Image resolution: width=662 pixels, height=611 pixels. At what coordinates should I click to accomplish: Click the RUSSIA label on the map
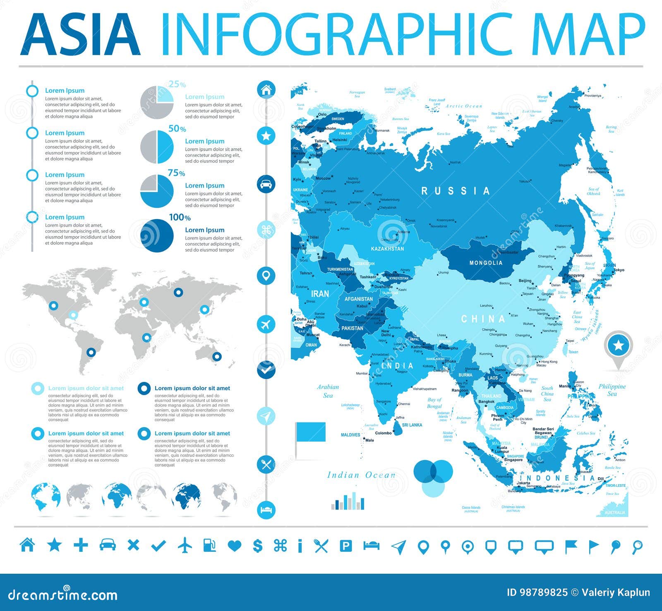[x=456, y=191]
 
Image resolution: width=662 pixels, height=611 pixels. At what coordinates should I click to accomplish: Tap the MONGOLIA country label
[x=486, y=263]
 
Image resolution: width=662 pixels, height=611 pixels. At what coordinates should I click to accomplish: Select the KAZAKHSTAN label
[x=387, y=249]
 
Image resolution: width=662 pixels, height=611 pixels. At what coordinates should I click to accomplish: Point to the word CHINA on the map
[x=483, y=319]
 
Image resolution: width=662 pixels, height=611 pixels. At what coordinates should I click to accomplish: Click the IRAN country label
[x=320, y=294]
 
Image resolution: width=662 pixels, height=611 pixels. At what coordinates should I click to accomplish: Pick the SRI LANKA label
[x=412, y=425]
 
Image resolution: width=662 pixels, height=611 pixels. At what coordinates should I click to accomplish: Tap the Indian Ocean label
[x=361, y=475]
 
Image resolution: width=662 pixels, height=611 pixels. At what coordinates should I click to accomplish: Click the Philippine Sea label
[x=612, y=390]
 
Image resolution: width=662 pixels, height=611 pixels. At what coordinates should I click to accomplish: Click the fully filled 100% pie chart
[x=157, y=235]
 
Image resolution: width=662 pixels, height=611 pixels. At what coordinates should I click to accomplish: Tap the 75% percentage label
[x=176, y=173]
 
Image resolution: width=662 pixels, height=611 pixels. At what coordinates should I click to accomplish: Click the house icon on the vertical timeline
[x=266, y=89]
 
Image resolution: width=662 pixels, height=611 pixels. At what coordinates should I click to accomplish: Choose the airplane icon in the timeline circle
[x=266, y=324]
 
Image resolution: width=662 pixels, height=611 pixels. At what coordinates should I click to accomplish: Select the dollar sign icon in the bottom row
[x=257, y=546]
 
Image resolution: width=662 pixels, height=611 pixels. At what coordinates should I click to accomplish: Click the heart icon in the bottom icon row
[x=234, y=546]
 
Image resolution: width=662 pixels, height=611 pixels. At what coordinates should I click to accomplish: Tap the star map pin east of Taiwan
[x=618, y=345]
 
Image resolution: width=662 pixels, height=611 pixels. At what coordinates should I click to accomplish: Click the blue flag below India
[x=310, y=432]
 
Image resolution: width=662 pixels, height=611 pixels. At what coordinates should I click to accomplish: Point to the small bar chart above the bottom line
[x=348, y=502]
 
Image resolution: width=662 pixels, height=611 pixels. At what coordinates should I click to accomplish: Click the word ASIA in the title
[x=80, y=35]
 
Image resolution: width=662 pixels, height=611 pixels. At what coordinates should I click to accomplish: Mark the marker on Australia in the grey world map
[x=216, y=356]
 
